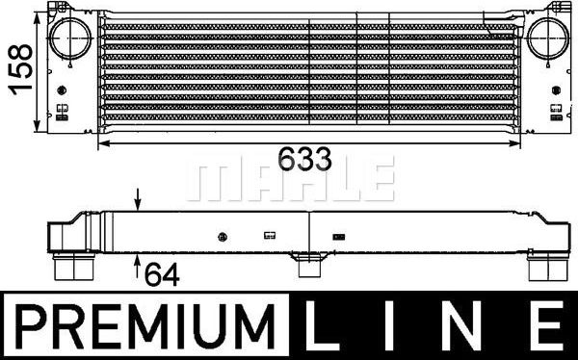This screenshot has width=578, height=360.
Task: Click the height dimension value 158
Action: (17, 66)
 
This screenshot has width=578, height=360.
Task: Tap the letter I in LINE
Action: (403, 329)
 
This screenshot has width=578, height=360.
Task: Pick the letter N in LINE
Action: (473, 329)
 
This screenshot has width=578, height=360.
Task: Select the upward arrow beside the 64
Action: (139, 261)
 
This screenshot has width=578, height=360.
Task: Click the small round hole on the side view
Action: (223, 236)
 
